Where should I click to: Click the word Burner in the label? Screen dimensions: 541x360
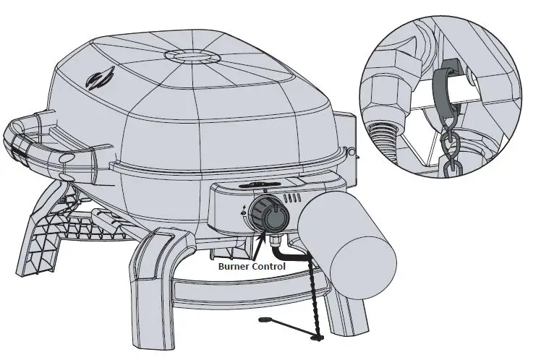pos(235,266)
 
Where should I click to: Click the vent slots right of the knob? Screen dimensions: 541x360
pos(294,197)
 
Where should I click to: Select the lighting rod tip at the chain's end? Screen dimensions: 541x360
pos(263,317)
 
